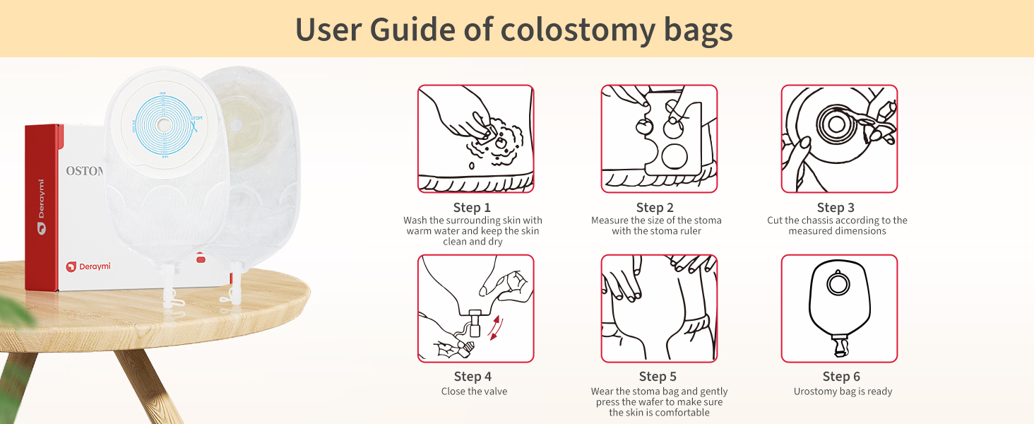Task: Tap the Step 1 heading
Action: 472,208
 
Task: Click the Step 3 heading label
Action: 836,208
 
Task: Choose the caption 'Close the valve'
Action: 474,391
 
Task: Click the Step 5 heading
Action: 658,377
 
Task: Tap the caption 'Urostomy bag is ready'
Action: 843,391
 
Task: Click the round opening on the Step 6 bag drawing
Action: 838,284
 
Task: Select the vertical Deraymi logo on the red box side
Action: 41,206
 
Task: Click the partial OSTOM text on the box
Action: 85,171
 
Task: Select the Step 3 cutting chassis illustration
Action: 839,139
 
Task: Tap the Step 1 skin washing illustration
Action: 475,139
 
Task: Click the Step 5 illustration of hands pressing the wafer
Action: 659,308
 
